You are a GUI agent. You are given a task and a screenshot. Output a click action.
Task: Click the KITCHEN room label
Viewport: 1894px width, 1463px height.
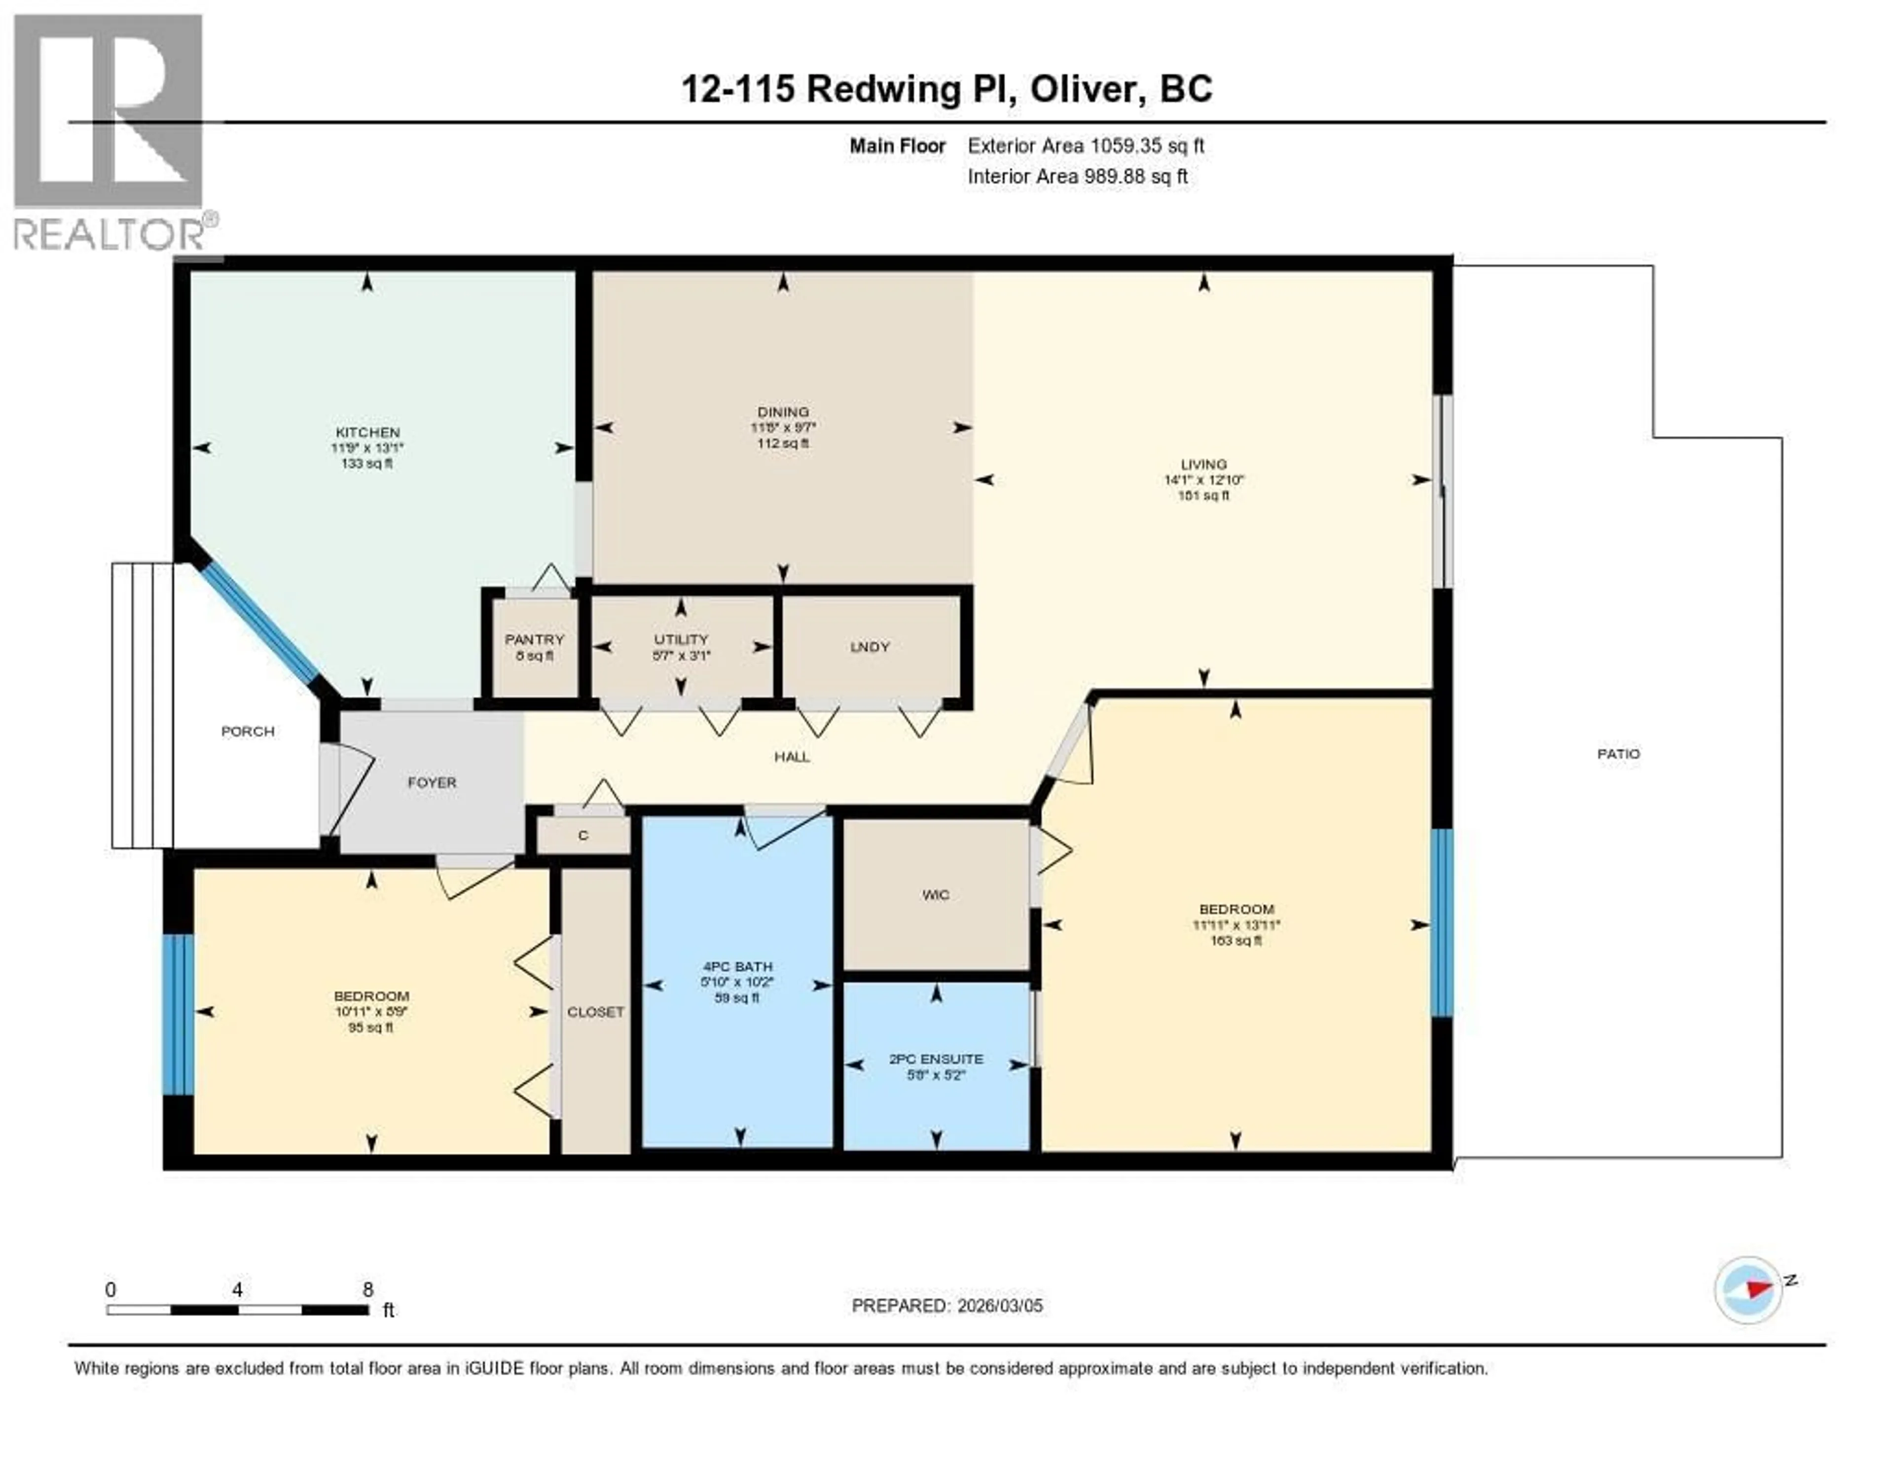(x=367, y=432)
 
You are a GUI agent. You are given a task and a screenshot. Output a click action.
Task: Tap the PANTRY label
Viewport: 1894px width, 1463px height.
(x=534, y=639)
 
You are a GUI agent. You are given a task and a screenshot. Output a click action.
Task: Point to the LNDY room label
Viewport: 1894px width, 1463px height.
(x=870, y=647)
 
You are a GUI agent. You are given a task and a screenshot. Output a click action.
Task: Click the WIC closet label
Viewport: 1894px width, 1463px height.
(x=936, y=895)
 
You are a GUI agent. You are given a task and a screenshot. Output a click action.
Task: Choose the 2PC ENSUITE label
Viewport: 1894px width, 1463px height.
(x=936, y=1059)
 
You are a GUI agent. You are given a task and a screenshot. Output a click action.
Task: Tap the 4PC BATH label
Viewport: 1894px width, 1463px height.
(x=737, y=966)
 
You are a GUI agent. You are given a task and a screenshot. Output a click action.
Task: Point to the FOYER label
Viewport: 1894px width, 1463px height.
(x=432, y=782)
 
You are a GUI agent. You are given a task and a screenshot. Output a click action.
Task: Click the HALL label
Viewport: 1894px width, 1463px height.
(x=792, y=757)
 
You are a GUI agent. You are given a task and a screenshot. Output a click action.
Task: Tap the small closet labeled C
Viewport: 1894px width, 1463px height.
(x=583, y=835)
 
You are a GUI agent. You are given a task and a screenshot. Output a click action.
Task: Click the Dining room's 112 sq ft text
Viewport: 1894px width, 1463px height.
(x=783, y=443)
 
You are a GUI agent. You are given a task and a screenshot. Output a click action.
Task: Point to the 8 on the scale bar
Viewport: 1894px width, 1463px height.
(x=367, y=1289)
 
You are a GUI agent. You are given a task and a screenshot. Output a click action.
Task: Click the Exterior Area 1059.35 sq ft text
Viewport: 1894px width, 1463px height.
(x=1086, y=146)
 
